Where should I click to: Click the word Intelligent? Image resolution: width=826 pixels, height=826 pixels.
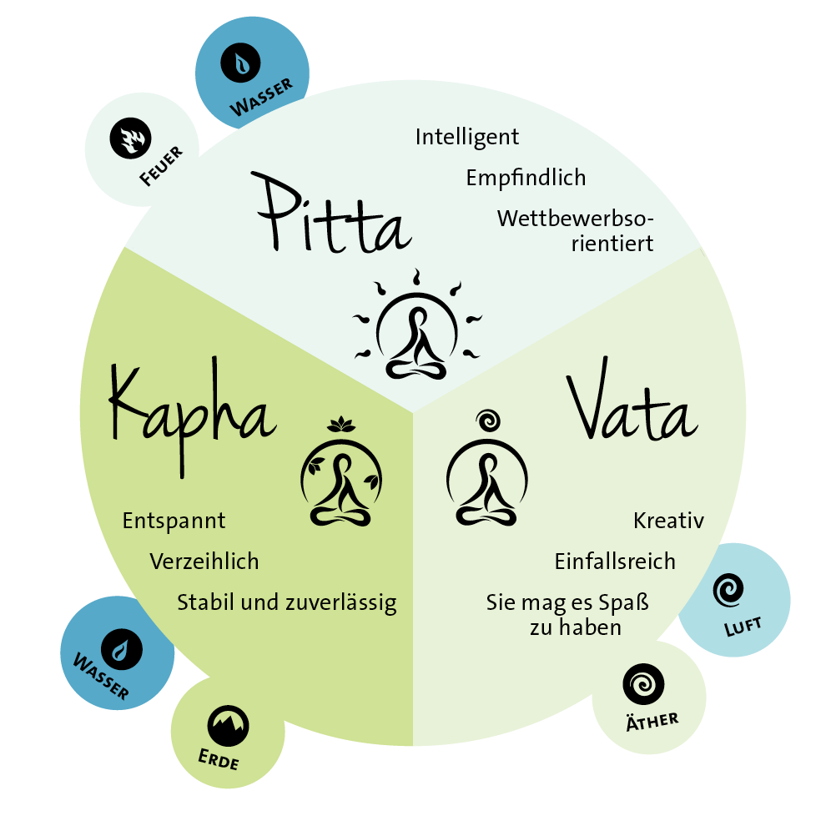click(x=467, y=136)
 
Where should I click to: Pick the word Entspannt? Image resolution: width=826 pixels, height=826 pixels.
click(x=174, y=521)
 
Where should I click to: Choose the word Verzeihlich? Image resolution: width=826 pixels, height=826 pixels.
click(x=204, y=562)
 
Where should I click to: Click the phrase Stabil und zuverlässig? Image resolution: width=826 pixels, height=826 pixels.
click(x=286, y=602)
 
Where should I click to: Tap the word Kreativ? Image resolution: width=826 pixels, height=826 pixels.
click(x=668, y=521)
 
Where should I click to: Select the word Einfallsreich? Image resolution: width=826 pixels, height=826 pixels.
click(x=615, y=562)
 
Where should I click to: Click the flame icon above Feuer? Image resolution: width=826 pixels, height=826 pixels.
click(x=128, y=139)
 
